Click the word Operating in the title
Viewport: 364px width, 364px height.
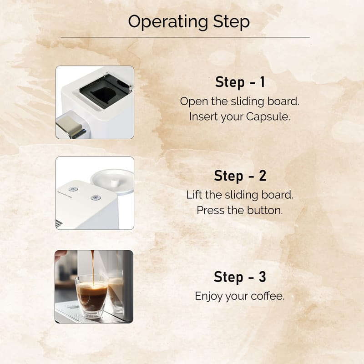(168, 22)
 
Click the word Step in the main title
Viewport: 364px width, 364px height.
(231, 22)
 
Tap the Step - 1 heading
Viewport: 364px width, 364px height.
(240, 82)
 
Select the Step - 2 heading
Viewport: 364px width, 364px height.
(240, 176)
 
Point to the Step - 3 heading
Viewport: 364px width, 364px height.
(240, 277)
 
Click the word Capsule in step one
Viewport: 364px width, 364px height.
(268, 117)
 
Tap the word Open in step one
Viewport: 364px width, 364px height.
(194, 101)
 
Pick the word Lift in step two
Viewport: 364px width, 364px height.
(194, 195)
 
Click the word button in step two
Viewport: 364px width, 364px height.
(265, 210)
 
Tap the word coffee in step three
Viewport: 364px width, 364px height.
(268, 296)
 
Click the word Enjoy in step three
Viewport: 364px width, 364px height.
(209, 297)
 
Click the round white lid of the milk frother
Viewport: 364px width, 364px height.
(112, 181)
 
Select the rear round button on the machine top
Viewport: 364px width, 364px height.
(73, 189)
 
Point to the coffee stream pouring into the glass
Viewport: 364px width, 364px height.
(93, 267)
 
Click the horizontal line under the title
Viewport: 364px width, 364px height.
(185, 37)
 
